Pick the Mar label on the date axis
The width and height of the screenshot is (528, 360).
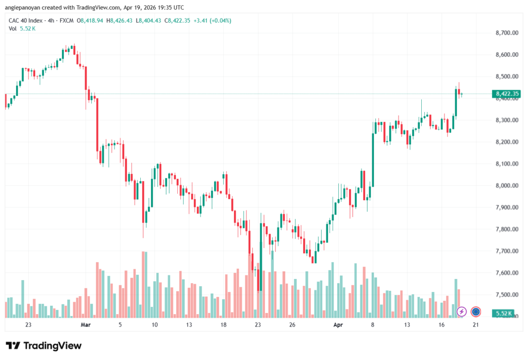86,325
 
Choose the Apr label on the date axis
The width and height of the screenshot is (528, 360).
338,325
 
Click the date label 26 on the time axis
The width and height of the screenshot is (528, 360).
292,325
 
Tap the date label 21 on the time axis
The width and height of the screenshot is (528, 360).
476,325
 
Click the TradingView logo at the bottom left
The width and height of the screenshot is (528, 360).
44,346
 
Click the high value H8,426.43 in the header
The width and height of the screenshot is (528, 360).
119,21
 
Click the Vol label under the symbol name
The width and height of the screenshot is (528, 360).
12,28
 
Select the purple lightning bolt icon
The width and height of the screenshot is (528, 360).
462,312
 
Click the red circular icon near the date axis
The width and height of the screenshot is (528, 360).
476,312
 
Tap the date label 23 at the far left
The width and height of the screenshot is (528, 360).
28,325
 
